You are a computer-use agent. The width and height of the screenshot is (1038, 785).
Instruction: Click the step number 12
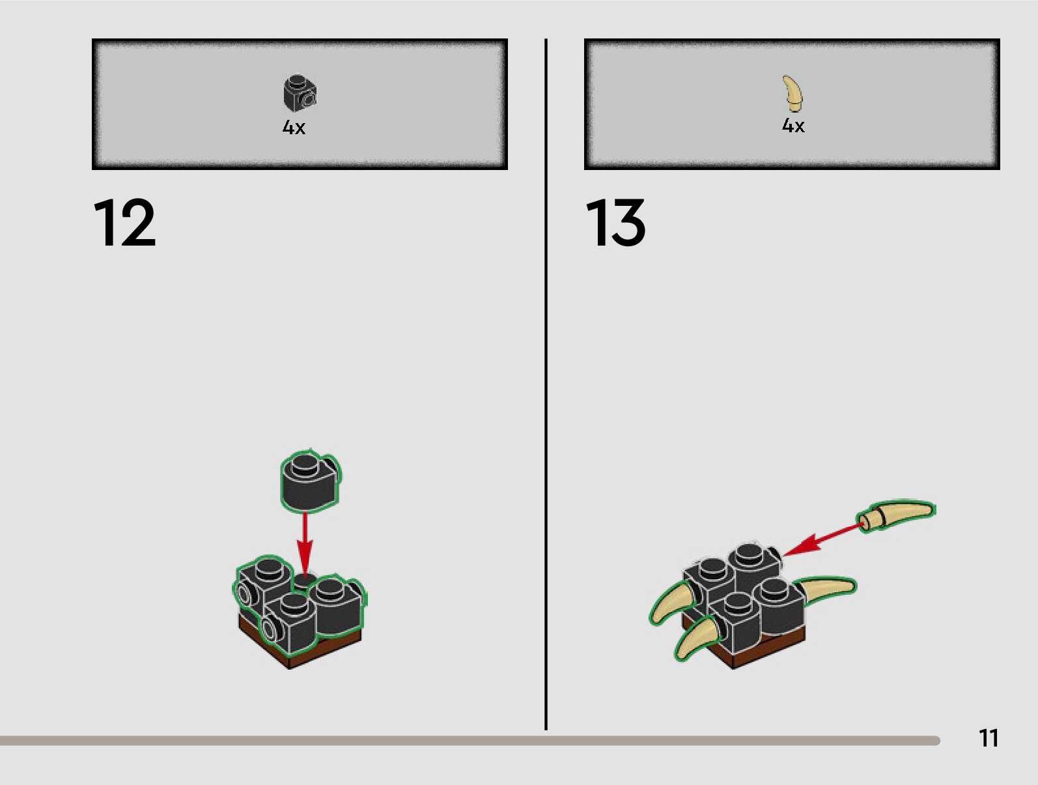[124, 223]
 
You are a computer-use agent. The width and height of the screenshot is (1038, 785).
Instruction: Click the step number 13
[615, 223]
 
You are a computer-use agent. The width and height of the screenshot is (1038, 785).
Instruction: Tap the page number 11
[988, 738]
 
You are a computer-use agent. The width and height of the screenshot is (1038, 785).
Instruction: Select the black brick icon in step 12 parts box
[300, 93]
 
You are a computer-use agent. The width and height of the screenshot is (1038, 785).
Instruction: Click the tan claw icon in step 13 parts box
[793, 93]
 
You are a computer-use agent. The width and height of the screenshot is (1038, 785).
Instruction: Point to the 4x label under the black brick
[294, 127]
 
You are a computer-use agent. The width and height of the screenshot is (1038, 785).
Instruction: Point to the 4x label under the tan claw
[793, 125]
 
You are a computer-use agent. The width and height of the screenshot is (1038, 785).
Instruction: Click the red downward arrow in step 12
[305, 541]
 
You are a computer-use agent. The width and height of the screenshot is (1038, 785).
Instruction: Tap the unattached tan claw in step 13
[899, 514]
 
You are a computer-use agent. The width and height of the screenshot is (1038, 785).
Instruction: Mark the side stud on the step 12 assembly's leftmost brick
[245, 594]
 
